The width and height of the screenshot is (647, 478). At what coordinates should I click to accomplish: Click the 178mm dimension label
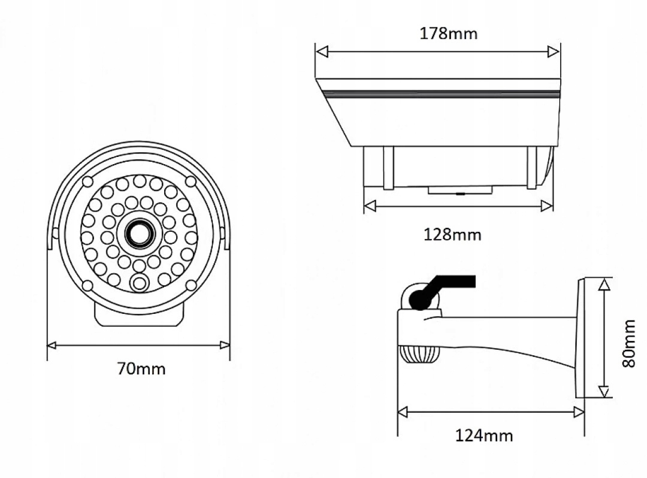(x=449, y=34)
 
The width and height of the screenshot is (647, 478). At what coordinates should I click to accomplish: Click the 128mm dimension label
(x=452, y=235)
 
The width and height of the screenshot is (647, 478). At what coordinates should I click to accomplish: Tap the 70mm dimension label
(x=141, y=368)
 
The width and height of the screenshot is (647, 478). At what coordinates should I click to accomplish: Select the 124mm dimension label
(x=483, y=435)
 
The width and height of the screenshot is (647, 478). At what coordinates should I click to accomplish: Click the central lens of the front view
(x=139, y=234)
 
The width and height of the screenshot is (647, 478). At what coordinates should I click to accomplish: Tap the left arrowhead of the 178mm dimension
(x=322, y=52)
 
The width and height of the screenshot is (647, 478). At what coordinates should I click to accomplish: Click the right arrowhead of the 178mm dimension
(x=554, y=52)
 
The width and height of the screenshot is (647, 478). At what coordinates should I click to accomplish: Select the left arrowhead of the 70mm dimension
(x=52, y=345)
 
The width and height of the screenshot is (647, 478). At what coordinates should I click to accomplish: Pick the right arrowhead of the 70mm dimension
(x=225, y=345)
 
